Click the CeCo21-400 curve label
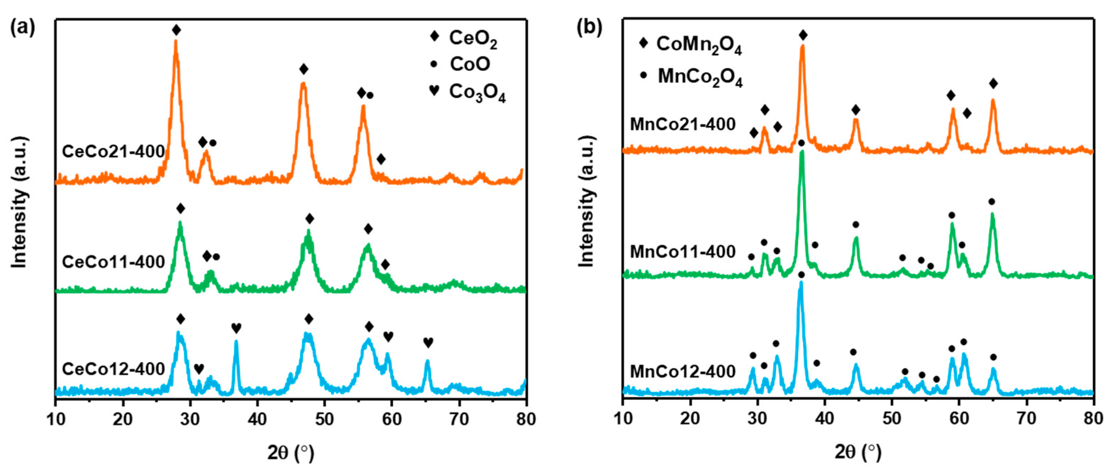113,151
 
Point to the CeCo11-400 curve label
113,262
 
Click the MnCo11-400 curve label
683,251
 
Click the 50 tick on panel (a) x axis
324,419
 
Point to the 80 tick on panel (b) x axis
1093,419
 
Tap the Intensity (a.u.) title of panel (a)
20,202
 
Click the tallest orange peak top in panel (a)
175,41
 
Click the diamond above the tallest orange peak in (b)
803,35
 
